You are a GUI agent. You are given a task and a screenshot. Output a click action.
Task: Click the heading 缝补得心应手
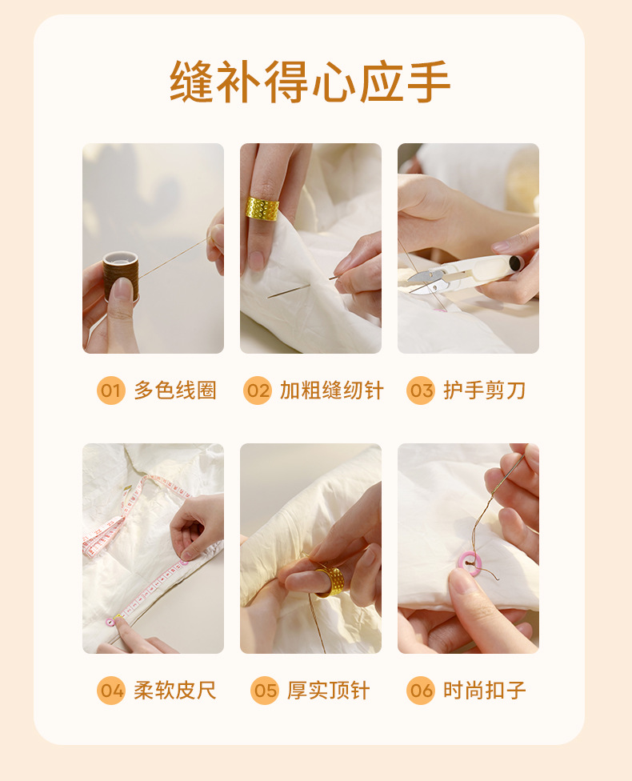point(310,82)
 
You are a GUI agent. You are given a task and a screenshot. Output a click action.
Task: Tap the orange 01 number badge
point(110,390)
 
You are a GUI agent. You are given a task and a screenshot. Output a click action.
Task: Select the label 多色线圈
point(175,390)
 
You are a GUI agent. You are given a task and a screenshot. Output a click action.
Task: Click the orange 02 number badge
point(258,390)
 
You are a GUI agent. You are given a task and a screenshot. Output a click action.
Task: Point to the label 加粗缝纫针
point(332,390)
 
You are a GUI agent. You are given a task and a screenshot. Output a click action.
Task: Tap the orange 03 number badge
point(421,390)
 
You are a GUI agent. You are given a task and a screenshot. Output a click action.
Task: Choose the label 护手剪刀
point(485,390)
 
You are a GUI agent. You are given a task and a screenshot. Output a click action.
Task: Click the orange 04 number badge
point(110,691)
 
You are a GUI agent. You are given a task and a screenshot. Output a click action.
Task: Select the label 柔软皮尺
point(175,691)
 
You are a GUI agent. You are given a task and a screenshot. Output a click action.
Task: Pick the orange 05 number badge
point(265,691)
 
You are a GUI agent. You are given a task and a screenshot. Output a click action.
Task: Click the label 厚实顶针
point(328,691)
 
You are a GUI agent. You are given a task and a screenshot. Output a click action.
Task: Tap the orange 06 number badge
point(421,691)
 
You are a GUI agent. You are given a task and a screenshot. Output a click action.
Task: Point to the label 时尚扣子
point(485,691)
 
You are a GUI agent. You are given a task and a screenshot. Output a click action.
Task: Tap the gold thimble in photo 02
point(262,208)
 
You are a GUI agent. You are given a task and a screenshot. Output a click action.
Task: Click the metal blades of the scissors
point(427,280)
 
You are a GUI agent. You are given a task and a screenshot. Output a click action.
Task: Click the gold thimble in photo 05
point(330,581)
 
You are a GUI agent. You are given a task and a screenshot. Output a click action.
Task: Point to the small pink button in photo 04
point(110,622)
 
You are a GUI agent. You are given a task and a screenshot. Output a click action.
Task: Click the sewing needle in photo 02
point(302,287)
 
